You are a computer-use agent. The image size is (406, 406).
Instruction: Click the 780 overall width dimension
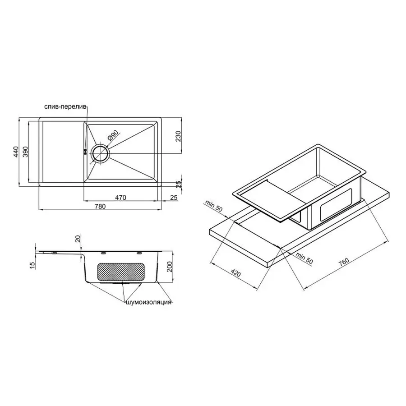click(100, 207)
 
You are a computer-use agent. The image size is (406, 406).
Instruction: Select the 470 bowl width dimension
click(120, 197)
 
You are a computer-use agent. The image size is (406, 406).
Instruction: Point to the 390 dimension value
click(26, 152)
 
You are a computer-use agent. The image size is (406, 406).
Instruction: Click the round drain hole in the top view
click(100, 153)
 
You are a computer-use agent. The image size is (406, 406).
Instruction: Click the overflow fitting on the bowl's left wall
click(84, 152)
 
